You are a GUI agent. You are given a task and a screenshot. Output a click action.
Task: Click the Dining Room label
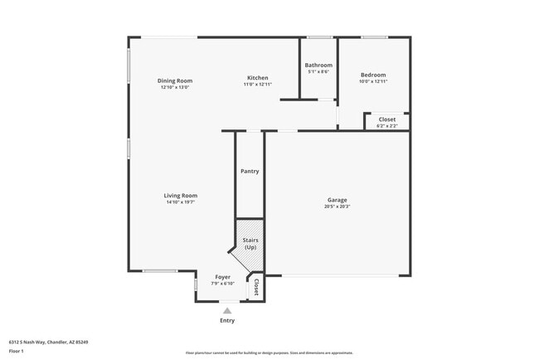[175, 80]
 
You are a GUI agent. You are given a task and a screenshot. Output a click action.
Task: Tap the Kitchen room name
[257, 77]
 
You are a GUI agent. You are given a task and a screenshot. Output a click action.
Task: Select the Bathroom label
[318, 65]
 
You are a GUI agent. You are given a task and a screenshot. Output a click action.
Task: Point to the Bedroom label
[372, 75]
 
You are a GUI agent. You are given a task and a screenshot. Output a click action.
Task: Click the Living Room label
[180, 196]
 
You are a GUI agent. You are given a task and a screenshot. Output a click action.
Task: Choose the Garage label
[337, 200]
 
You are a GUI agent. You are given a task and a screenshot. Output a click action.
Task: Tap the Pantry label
[250, 172]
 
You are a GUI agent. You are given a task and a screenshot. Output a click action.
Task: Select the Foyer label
[223, 277]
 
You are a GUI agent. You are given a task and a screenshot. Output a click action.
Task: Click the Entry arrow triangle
[227, 311]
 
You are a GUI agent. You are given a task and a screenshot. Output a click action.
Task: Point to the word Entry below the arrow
[227, 320]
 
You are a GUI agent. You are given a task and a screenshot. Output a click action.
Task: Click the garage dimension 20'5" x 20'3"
[337, 207]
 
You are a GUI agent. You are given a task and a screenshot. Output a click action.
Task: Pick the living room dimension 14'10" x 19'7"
[180, 202]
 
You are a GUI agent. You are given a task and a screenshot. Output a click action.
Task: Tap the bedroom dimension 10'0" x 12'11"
[372, 81]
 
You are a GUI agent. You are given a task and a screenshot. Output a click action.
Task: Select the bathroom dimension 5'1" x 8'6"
[318, 71]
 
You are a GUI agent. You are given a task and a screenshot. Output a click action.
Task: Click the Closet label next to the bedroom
[387, 119]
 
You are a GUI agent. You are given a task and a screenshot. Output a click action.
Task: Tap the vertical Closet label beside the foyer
[256, 287]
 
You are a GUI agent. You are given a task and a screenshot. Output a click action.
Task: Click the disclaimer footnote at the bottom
[269, 353]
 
